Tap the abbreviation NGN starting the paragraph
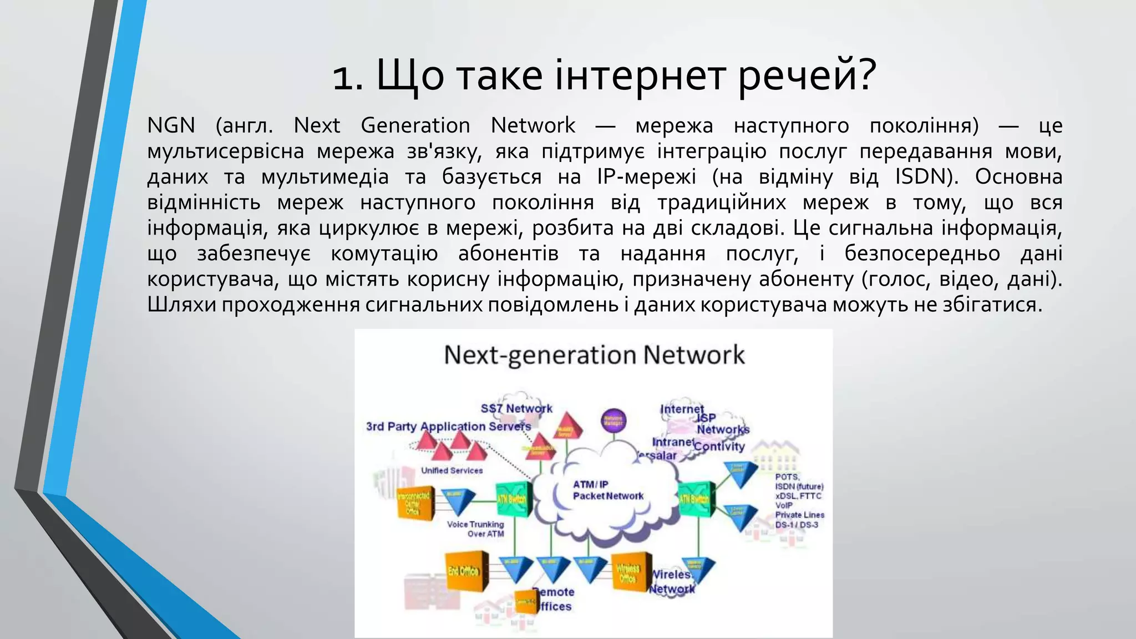[171, 125]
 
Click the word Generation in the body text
[415, 125]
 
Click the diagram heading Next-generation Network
[594, 355]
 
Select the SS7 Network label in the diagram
[516, 408]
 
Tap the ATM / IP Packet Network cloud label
[607, 490]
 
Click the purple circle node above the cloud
[613, 420]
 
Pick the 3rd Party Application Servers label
[448, 427]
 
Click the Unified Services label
[452, 470]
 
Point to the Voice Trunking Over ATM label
[476, 529]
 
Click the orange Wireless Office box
[631, 573]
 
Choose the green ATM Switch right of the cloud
[696, 499]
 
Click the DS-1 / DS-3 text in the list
[797, 525]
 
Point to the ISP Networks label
[722, 423]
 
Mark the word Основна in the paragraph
[1018, 176]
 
